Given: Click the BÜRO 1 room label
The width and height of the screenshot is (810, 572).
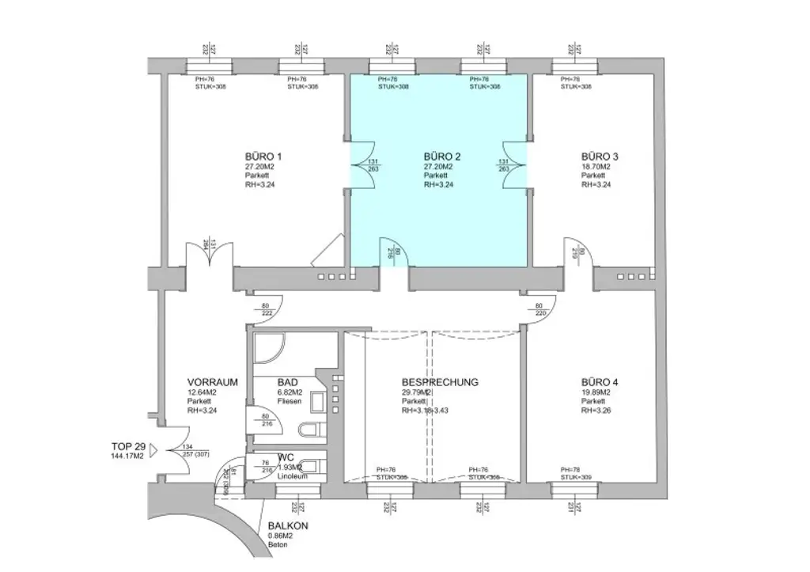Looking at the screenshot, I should click(263, 157).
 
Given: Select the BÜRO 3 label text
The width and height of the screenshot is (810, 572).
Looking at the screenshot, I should click(599, 157).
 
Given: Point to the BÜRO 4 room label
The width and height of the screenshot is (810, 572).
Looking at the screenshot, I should click(599, 382).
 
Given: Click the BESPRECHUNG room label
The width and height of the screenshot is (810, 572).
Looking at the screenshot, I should click(440, 382).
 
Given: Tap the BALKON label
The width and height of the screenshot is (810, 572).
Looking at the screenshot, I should click(287, 526).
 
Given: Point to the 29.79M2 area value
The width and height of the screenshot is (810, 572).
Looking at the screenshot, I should click(416, 392).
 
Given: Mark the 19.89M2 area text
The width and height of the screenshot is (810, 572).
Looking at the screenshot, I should click(596, 392).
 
